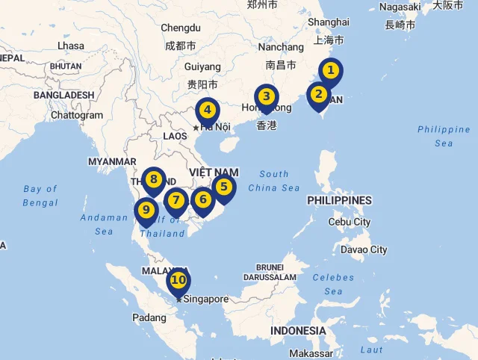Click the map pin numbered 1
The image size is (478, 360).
pos(332,72)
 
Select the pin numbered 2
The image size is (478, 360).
pos(319,95)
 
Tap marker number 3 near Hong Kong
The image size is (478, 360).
pos(266,96)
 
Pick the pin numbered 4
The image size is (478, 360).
pos(207,111)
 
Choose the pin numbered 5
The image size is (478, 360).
pos(223,187)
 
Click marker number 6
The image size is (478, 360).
pos(202,199)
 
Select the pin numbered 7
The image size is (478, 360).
pos(176,200)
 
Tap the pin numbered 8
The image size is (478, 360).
pos(154,179)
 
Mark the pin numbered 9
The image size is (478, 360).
pos(146,210)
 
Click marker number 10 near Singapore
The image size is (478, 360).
pos(178,281)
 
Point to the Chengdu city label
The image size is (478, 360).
pos(181,28)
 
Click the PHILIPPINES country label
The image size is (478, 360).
pos(339,200)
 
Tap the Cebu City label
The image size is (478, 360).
pos(350,222)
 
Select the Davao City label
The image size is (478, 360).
pos(364,249)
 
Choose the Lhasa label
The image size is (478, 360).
pos(71,46)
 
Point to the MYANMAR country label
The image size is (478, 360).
pos(112,161)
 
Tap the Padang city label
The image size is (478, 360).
pos(149,317)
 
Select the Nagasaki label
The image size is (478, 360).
pos(400,7)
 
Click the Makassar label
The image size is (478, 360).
pos(311,353)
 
